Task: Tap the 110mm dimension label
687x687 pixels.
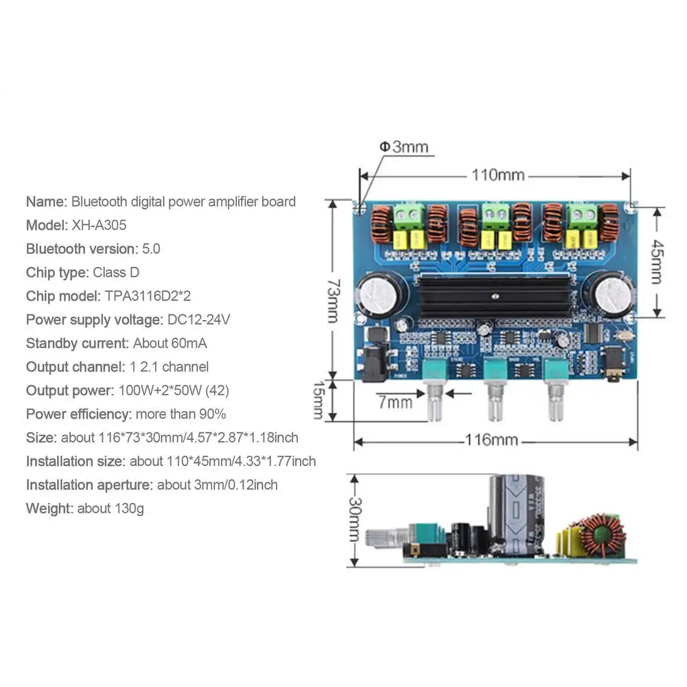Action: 498,175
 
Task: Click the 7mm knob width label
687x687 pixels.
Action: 395,402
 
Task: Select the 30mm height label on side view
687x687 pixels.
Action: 353,520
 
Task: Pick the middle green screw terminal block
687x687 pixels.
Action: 492,217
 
